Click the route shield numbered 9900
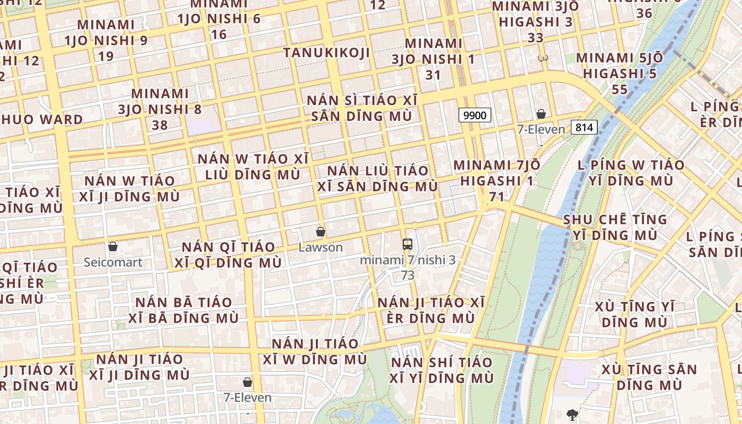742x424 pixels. [x=475, y=115]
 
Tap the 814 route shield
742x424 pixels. [x=585, y=127]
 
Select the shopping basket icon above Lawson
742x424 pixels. [x=320, y=232]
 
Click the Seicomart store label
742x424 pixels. [x=113, y=262]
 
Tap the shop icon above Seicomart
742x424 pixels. [x=112, y=246]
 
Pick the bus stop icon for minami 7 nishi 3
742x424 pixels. [x=407, y=244]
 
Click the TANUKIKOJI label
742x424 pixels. [x=326, y=52]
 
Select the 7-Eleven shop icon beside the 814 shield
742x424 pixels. [x=541, y=114]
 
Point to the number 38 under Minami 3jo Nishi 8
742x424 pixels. [x=160, y=125]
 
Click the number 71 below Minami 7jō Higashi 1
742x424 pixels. [x=497, y=197]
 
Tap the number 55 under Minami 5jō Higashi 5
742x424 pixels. [x=620, y=89]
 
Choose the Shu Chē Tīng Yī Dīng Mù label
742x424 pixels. [x=615, y=227]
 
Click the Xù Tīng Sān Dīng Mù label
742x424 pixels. [x=649, y=376]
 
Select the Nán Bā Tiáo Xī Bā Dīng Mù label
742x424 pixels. [x=183, y=310]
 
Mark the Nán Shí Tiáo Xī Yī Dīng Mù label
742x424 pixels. [x=442, y=370]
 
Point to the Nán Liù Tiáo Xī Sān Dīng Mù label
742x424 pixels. [x=378, y=179]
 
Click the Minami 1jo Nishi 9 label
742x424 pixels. [x=106, y=33]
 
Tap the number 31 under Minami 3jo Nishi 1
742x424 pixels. [x=433, y=75]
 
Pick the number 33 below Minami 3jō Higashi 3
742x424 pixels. [x=536, y=38]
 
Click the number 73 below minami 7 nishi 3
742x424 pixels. [x=408, y=276]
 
